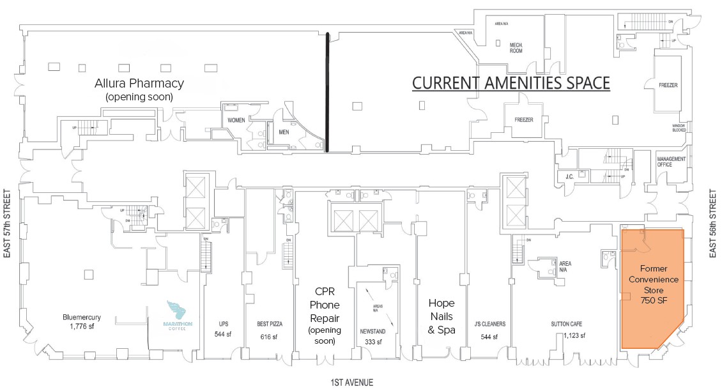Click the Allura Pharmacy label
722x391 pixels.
(x=139, y=83)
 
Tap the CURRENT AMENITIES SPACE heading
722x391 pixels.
(x=511, y=83)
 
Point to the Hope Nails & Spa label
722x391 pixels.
(x=442, y=317)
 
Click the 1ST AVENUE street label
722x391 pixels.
(x=351, y=383)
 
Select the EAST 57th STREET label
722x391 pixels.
(x=8, y=222)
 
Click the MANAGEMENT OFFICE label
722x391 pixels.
(x=671, y=162)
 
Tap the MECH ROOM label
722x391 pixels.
(x=516, y=48)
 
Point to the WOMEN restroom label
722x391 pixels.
(x=236, y=120)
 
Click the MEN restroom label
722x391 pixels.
(x=284, y=133)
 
